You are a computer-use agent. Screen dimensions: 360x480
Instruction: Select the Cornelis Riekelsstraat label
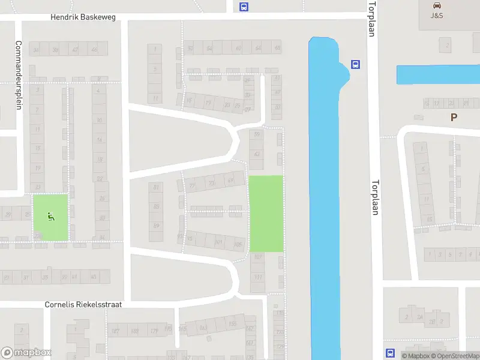83,305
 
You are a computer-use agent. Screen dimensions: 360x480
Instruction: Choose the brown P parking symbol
454,118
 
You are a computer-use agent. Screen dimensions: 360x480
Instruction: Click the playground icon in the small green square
50,217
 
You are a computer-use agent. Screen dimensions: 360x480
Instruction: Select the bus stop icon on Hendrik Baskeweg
244,7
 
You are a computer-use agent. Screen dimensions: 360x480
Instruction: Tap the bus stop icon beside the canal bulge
356,65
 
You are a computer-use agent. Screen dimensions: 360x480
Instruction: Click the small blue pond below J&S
438,74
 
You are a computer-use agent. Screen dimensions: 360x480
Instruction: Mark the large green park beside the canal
266,214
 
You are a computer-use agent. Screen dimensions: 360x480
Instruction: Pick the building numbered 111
258,277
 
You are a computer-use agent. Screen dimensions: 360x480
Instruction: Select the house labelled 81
157,187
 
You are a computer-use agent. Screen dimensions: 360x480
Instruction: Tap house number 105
238,244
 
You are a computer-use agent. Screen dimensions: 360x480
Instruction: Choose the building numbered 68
277,48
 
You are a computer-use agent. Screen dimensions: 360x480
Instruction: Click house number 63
257,154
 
